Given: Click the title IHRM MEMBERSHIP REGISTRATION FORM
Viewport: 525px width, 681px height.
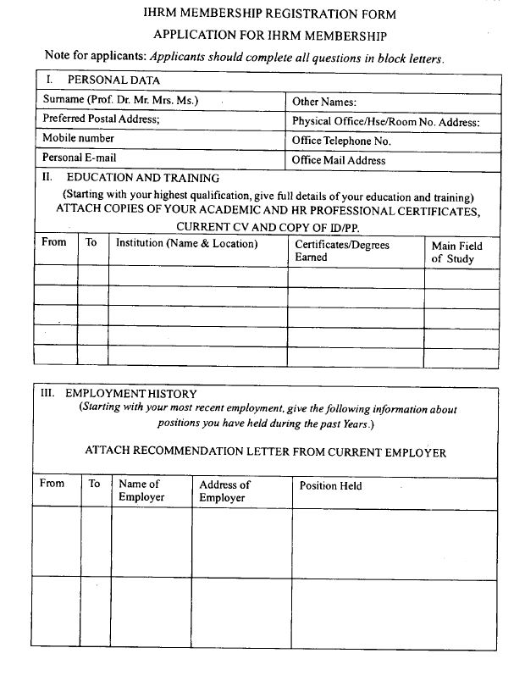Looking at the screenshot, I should coord(268,14).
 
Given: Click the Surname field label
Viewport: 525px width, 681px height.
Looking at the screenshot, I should coord(120,100).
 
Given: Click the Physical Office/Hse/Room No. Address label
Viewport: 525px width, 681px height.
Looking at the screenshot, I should coord(385,121).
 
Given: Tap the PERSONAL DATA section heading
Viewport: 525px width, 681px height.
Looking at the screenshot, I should coord(113,80).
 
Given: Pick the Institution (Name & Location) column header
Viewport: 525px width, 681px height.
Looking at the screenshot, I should coord(186,243).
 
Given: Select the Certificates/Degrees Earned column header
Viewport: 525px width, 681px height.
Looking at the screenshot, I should coord(342,251).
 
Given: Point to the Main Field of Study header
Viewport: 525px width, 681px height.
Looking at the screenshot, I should coord(456,252).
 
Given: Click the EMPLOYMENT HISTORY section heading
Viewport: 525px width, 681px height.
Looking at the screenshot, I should coord(130,394).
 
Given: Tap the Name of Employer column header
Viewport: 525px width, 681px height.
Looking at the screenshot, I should coord(141,490).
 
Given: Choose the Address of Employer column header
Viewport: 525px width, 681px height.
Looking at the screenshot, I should coord(224,491).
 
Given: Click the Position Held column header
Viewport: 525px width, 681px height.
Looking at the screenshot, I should coord(330,486).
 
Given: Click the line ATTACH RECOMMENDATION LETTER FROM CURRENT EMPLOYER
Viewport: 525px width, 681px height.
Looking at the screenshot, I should coord(266,452).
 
